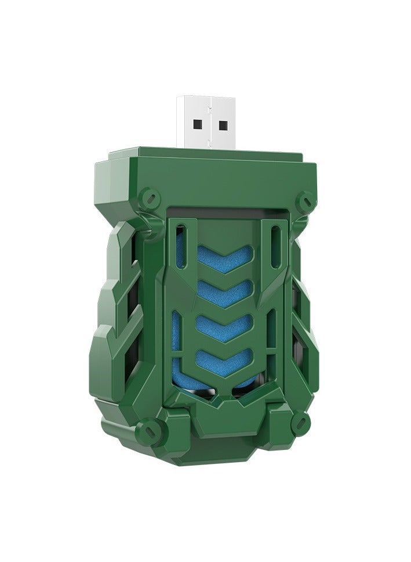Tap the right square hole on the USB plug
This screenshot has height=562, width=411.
click(223, 123)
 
